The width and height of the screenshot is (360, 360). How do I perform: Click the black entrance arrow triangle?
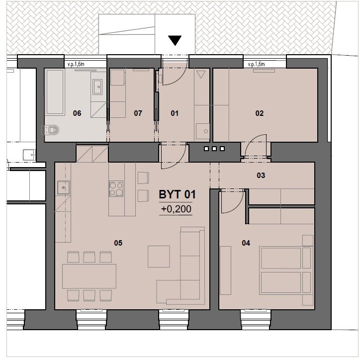[175, 40]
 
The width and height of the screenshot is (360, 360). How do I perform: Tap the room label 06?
[77, 113]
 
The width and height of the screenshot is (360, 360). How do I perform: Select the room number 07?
[138, 113]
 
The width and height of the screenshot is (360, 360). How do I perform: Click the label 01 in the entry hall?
[175, 113]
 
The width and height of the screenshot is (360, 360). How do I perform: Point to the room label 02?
[260, 113]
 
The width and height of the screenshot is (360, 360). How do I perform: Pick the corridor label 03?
[261, 176]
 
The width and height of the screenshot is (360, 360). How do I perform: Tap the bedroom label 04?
[246, 243]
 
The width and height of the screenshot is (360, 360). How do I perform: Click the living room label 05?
[118, 243]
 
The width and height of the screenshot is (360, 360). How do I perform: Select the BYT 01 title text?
[177, 194]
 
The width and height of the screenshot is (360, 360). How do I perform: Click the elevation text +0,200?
[176, 209]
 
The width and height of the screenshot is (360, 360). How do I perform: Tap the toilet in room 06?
[51, 130]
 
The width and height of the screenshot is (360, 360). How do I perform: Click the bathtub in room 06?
[55, 92]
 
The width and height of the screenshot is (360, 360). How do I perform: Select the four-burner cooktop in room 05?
[116, 188]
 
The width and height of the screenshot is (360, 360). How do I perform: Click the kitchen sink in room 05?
[64, 187]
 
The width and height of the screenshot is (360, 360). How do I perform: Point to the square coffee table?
[159, 257]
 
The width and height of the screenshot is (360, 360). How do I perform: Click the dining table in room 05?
[89, 276]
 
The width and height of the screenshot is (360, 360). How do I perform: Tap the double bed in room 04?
[286, 270]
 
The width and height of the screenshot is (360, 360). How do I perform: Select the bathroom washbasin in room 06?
[97, 87]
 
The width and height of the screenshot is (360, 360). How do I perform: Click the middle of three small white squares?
[214, 149]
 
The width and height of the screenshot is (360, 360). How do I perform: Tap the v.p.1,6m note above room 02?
[256, 64]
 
